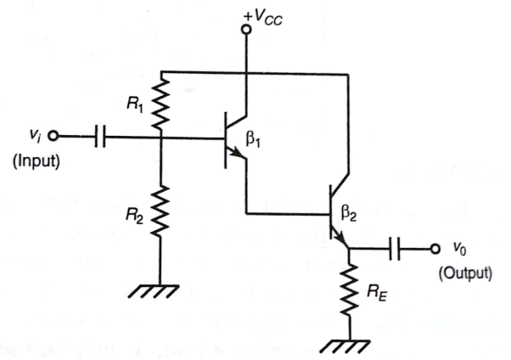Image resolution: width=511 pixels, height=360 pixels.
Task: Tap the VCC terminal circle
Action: [x=246, y=31]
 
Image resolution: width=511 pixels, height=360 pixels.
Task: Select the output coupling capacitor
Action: [x=396, y=250]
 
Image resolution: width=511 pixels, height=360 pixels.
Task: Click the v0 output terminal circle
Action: [x=435, y=250]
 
